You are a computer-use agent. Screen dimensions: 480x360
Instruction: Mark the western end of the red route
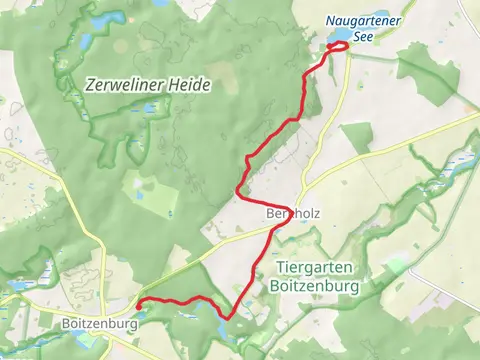[138, 304]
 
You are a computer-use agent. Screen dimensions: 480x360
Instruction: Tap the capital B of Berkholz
[271, 214]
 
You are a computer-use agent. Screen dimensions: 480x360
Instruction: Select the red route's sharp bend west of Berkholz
[238, 190]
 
